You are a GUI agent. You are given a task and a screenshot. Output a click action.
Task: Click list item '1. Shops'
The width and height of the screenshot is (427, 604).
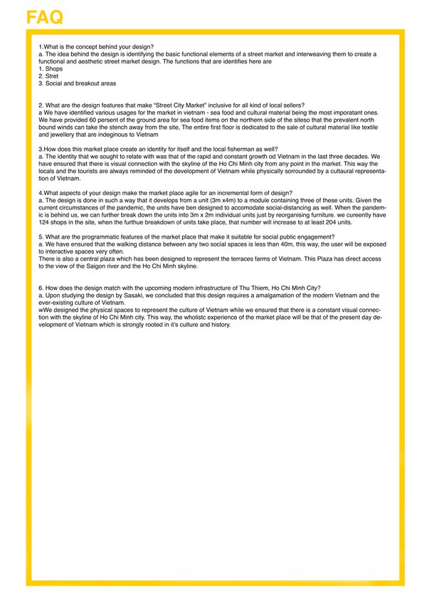coord(51,69)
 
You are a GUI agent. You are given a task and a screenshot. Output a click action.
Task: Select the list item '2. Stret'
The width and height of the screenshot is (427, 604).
coord(49,76)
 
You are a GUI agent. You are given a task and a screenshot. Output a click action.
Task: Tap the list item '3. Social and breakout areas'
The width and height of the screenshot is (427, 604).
coord(77,83)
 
